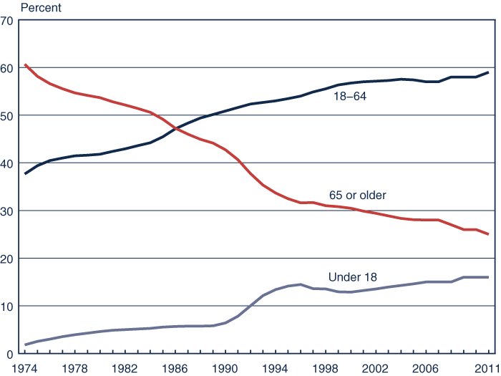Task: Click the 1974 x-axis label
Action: (x=25, y=367)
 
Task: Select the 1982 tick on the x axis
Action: (x=125, y=367)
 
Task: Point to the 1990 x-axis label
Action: (x=225, y=367)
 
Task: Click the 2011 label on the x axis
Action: (x=487, y=367)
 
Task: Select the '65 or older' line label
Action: (x=357, y=194)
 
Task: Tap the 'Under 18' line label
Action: (x=352, y=276)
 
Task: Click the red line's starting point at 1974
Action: (x=25, y=64)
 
